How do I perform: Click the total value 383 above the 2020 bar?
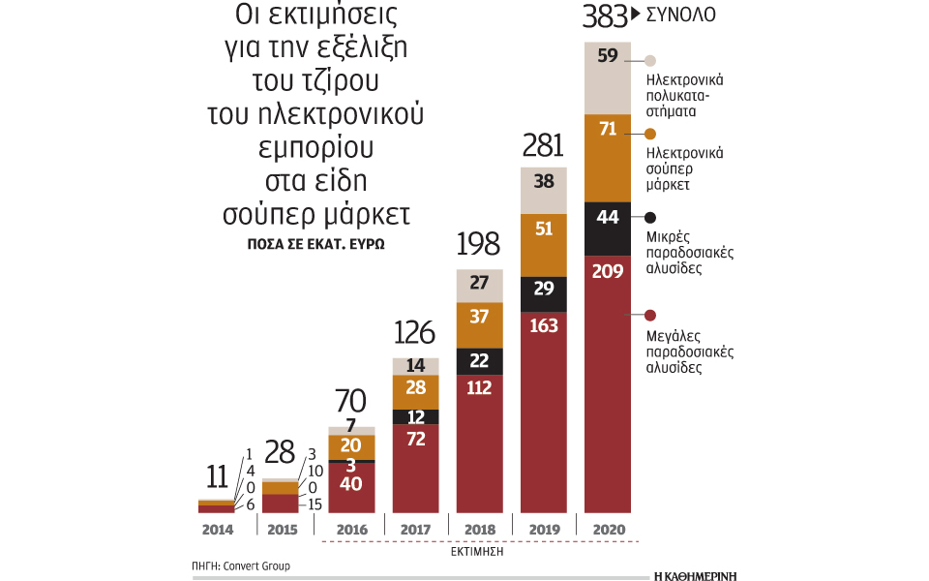point(605,17)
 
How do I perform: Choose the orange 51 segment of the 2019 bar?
point(544,229)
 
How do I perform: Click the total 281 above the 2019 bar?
point(544,146)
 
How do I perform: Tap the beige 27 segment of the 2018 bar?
point(480,284)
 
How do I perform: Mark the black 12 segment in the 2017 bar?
point(416,416)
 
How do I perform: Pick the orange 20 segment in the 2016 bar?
point(352,446)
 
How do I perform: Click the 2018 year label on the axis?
point(480,530)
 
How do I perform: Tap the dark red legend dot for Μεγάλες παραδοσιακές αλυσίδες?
point(650,315)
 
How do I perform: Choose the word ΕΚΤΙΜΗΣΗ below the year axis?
point(479,553)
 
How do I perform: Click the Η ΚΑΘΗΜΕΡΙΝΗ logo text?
point(695,574)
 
